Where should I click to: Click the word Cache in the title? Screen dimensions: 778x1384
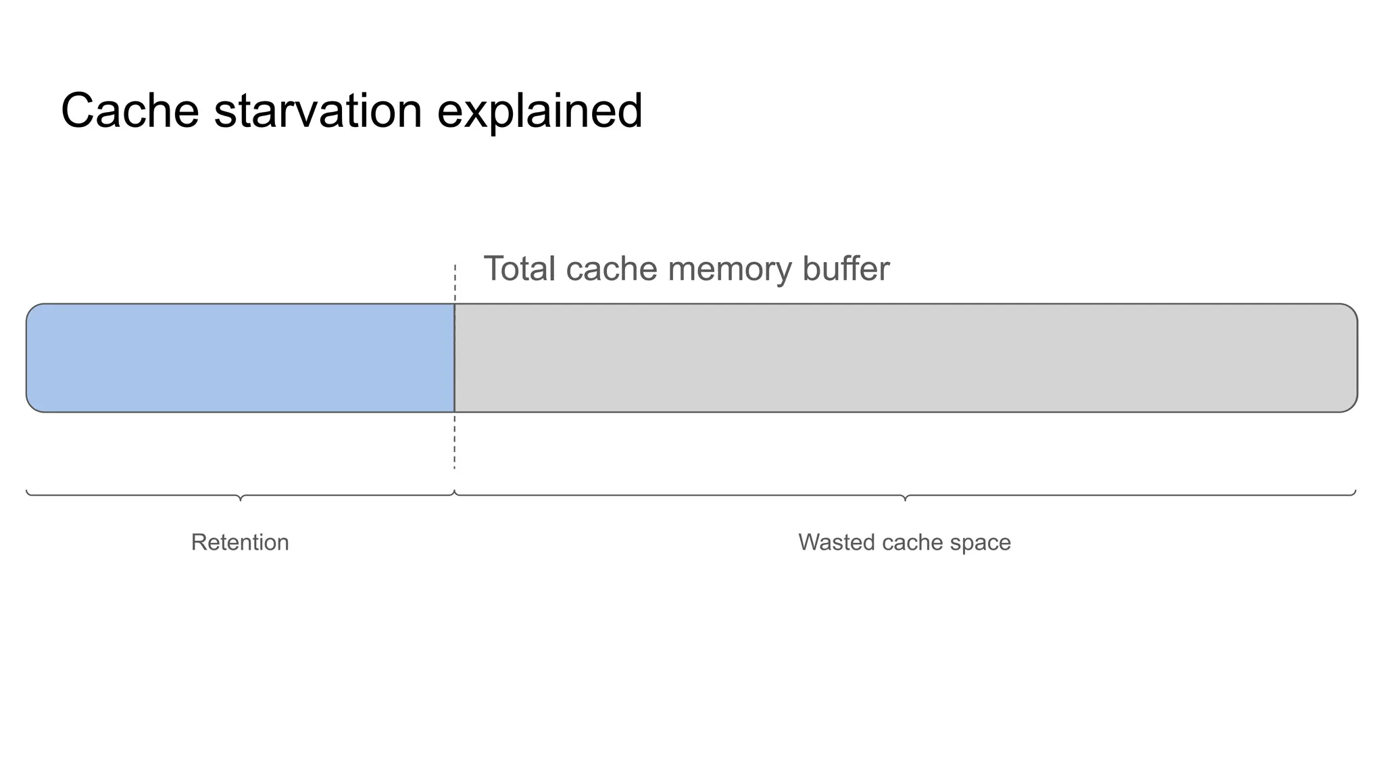coord(130,111)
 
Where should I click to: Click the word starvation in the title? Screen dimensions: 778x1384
coord(318,111)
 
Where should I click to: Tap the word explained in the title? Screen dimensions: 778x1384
coord(539,112)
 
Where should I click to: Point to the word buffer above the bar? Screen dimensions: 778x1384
coord(845,269)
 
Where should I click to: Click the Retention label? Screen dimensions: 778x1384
coord(240,542)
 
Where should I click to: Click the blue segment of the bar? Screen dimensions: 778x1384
coord(240,358)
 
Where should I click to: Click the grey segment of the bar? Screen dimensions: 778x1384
coord(906,358)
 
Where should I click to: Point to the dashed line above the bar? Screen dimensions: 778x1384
coord(455,284)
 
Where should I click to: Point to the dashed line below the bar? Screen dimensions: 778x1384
coord(455,442)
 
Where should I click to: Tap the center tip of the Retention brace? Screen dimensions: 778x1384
coord(241,499)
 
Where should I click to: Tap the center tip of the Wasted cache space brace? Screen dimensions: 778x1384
coord(905,499)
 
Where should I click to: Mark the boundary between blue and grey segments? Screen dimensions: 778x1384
coord(454,358)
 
